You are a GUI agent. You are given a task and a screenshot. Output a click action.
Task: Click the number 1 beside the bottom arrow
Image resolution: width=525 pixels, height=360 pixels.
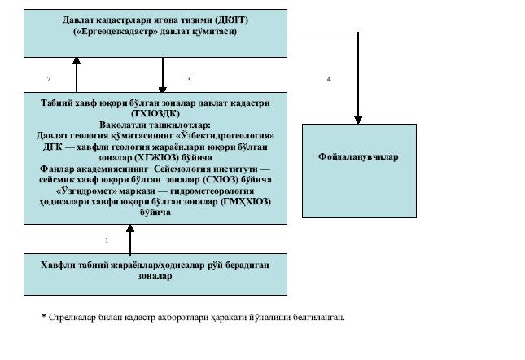pyautogui.click(x=106, y=240)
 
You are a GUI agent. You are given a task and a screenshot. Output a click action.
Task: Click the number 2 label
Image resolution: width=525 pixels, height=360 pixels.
pyautogui.click(x=49, y=79)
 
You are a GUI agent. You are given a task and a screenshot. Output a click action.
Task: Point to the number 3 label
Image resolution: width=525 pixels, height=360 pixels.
pyautogui.click(x=188, y=79)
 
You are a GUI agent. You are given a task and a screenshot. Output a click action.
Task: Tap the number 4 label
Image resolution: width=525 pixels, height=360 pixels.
pyautogui.click(x=329, y=79)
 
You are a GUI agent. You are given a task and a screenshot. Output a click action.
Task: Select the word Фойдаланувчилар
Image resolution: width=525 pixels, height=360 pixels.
pyautogui.click(x=358, y=156)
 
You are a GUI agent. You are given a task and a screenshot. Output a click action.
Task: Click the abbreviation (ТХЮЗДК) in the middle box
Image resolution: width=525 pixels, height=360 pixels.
pyautogui.click(x=155, y=114)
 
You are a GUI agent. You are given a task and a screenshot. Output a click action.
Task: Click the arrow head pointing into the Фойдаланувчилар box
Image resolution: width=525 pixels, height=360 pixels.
pyautogui.click(x=357, y=119)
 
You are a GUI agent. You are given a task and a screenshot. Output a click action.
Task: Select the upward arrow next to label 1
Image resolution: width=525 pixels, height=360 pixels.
pyautogui.click(x=130, y=236)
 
